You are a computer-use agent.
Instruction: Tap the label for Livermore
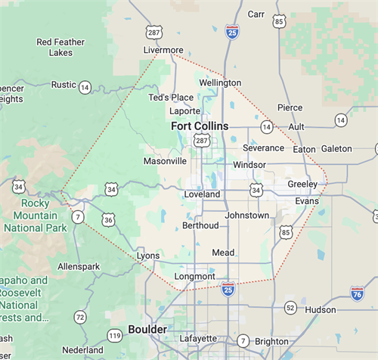click(x=163, y=51)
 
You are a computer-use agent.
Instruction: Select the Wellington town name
click(x=220, y=82)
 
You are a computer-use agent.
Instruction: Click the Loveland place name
click(x=202, y=194)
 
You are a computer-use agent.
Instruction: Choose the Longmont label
click(x=194, y=276)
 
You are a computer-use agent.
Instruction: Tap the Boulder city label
click(x=147, y=329)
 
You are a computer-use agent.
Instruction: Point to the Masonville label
click(x=165, y=161)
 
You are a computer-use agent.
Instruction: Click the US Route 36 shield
click(x=109, y=220)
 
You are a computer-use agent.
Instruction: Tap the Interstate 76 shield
click(x=357, y=292)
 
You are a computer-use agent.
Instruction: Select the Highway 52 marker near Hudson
click(x=290, y=307)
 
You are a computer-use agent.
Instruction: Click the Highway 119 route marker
click(x=115, y=335)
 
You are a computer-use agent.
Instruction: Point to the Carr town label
click(x=256, y=14)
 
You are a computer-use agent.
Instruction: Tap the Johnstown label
click(x=247, y=216)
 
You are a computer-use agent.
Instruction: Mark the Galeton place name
click(x=336, y=149)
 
